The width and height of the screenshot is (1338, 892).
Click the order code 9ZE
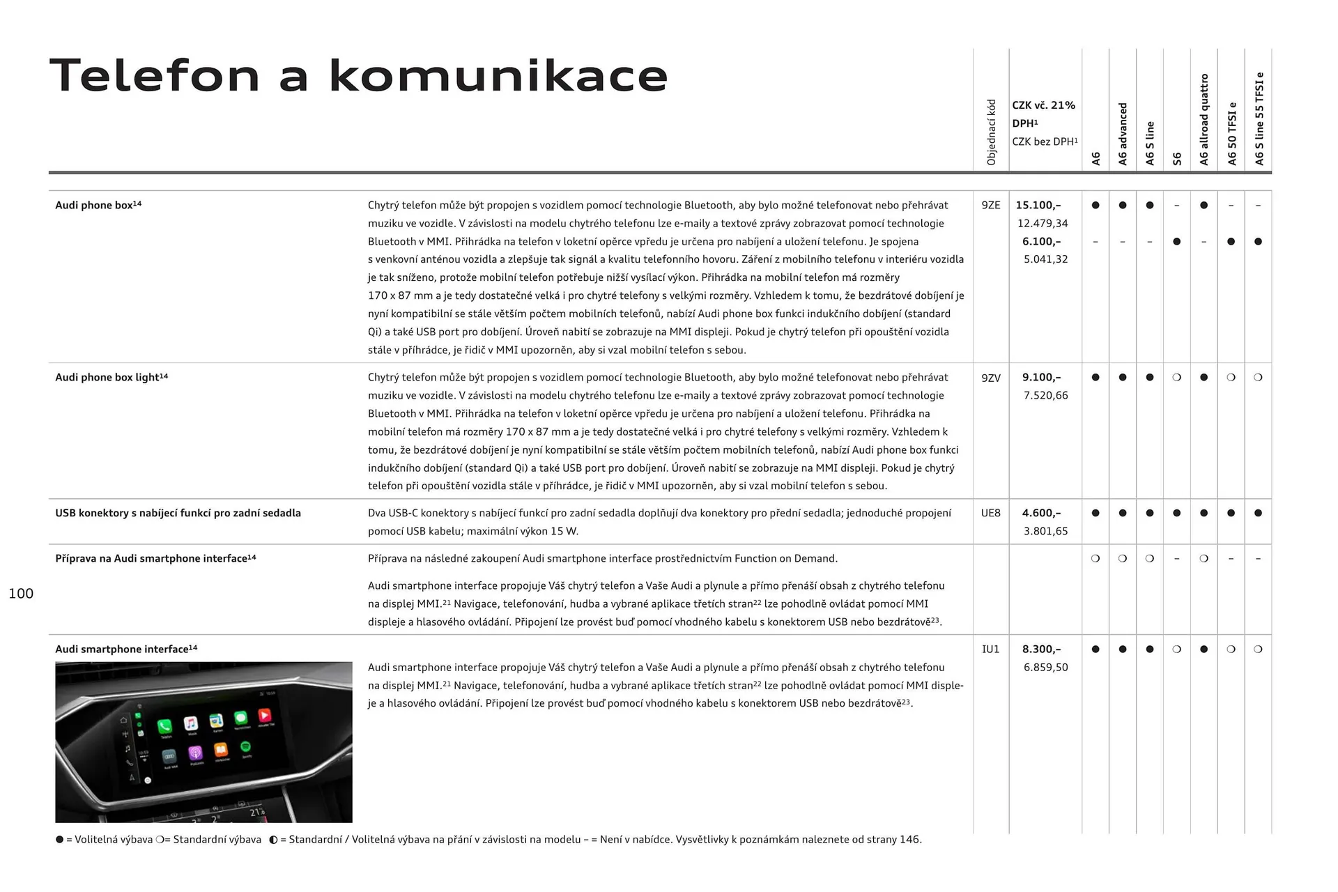pos(990,205)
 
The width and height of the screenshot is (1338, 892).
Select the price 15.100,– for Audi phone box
pos(1038,205)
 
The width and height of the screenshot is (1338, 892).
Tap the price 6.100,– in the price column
pos(1041,241)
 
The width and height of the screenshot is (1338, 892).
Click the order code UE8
pos(990,513)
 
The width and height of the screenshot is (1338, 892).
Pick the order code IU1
pos(990,649)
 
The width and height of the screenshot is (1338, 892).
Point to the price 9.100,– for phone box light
pos(1041,377)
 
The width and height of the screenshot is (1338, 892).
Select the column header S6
pos(1177,159)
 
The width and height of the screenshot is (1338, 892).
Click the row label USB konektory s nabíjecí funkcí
pos(178,513)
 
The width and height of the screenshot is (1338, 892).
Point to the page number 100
pos(21,593)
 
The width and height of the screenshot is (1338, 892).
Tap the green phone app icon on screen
pos(164,725)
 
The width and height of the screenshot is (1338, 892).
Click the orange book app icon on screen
pos(220,750)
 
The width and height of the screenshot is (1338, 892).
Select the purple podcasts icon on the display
pos(195,753)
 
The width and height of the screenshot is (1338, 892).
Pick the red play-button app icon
pos(265,716)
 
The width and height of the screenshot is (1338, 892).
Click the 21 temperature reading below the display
pos(256,812)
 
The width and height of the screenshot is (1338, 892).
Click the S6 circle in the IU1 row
pos(1176,649)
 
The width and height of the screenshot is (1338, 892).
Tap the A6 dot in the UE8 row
pos(1095,513)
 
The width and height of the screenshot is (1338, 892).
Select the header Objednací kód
pos(991,132)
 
